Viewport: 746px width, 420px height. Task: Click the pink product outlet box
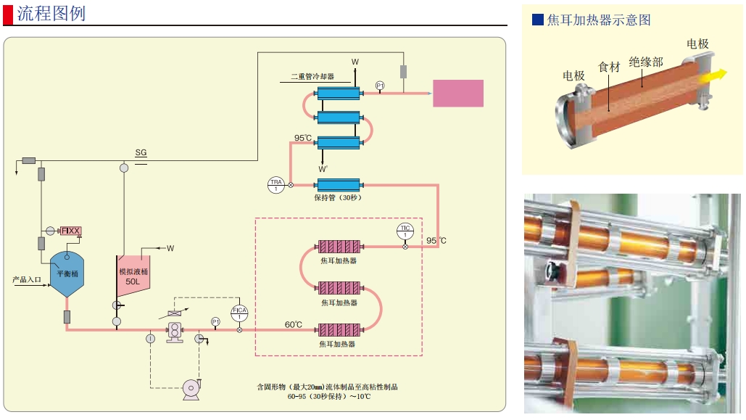click(457, 94)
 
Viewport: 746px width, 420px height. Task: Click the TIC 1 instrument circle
click(405, 231)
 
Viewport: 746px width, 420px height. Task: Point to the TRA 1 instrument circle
click(275, 184)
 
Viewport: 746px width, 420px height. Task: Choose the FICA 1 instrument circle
click(239, 313)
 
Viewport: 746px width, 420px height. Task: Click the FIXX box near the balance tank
click(71, 231)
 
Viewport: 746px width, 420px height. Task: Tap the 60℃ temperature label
click(293, 324)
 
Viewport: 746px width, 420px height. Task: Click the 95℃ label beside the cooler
click(303, 138)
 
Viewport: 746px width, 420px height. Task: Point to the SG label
click(141, 153)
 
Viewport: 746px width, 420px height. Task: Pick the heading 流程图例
click(51, 13)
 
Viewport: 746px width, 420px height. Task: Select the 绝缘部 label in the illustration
click(645, 62)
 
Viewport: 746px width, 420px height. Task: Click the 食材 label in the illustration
click(609, 67)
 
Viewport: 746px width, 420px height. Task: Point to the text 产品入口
click(27, 279)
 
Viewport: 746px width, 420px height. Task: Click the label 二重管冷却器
click(312, 76)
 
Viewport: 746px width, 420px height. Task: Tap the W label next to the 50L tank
click(170, 248)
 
